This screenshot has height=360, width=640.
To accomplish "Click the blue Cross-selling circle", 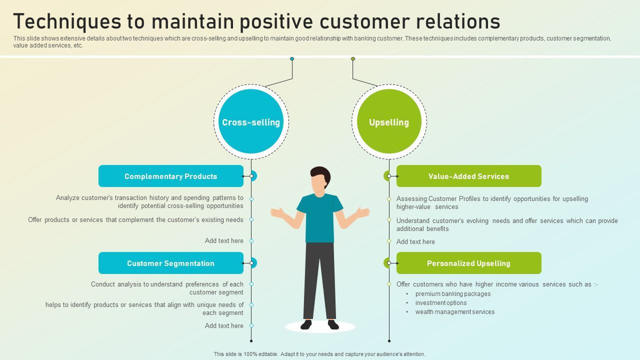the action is click(x=251, y=121).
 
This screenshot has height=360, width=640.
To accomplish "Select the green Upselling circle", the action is click(x=389, y=121).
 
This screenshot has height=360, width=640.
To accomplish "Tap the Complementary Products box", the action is click(x=171, y=176).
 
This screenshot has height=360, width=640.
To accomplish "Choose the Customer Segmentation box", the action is click(x=171, y=263).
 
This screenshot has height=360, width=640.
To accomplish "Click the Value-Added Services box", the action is click(x=469, y=176).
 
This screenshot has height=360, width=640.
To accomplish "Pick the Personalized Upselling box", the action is click(x=469, y=263).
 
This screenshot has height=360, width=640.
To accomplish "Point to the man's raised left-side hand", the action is click(x=277, y=213).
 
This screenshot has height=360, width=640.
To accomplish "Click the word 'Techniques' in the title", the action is click(x=67, y=21).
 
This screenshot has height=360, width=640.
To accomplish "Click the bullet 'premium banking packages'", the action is click(x=453, y=293).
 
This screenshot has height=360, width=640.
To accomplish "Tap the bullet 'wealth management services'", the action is click(x=455, y=311).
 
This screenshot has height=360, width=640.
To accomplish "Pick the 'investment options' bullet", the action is click(x=441, y=302).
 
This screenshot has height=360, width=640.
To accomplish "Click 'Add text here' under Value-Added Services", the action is click(x=415, y=241).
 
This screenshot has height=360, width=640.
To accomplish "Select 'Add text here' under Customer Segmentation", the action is click(x=224, y=325).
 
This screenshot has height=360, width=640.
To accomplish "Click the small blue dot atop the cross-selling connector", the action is click(x=292, y=59).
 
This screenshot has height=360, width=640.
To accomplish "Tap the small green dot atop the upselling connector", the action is click(x=353, y=59).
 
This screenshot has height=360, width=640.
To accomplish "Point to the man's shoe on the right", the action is click(x=333, y=324).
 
